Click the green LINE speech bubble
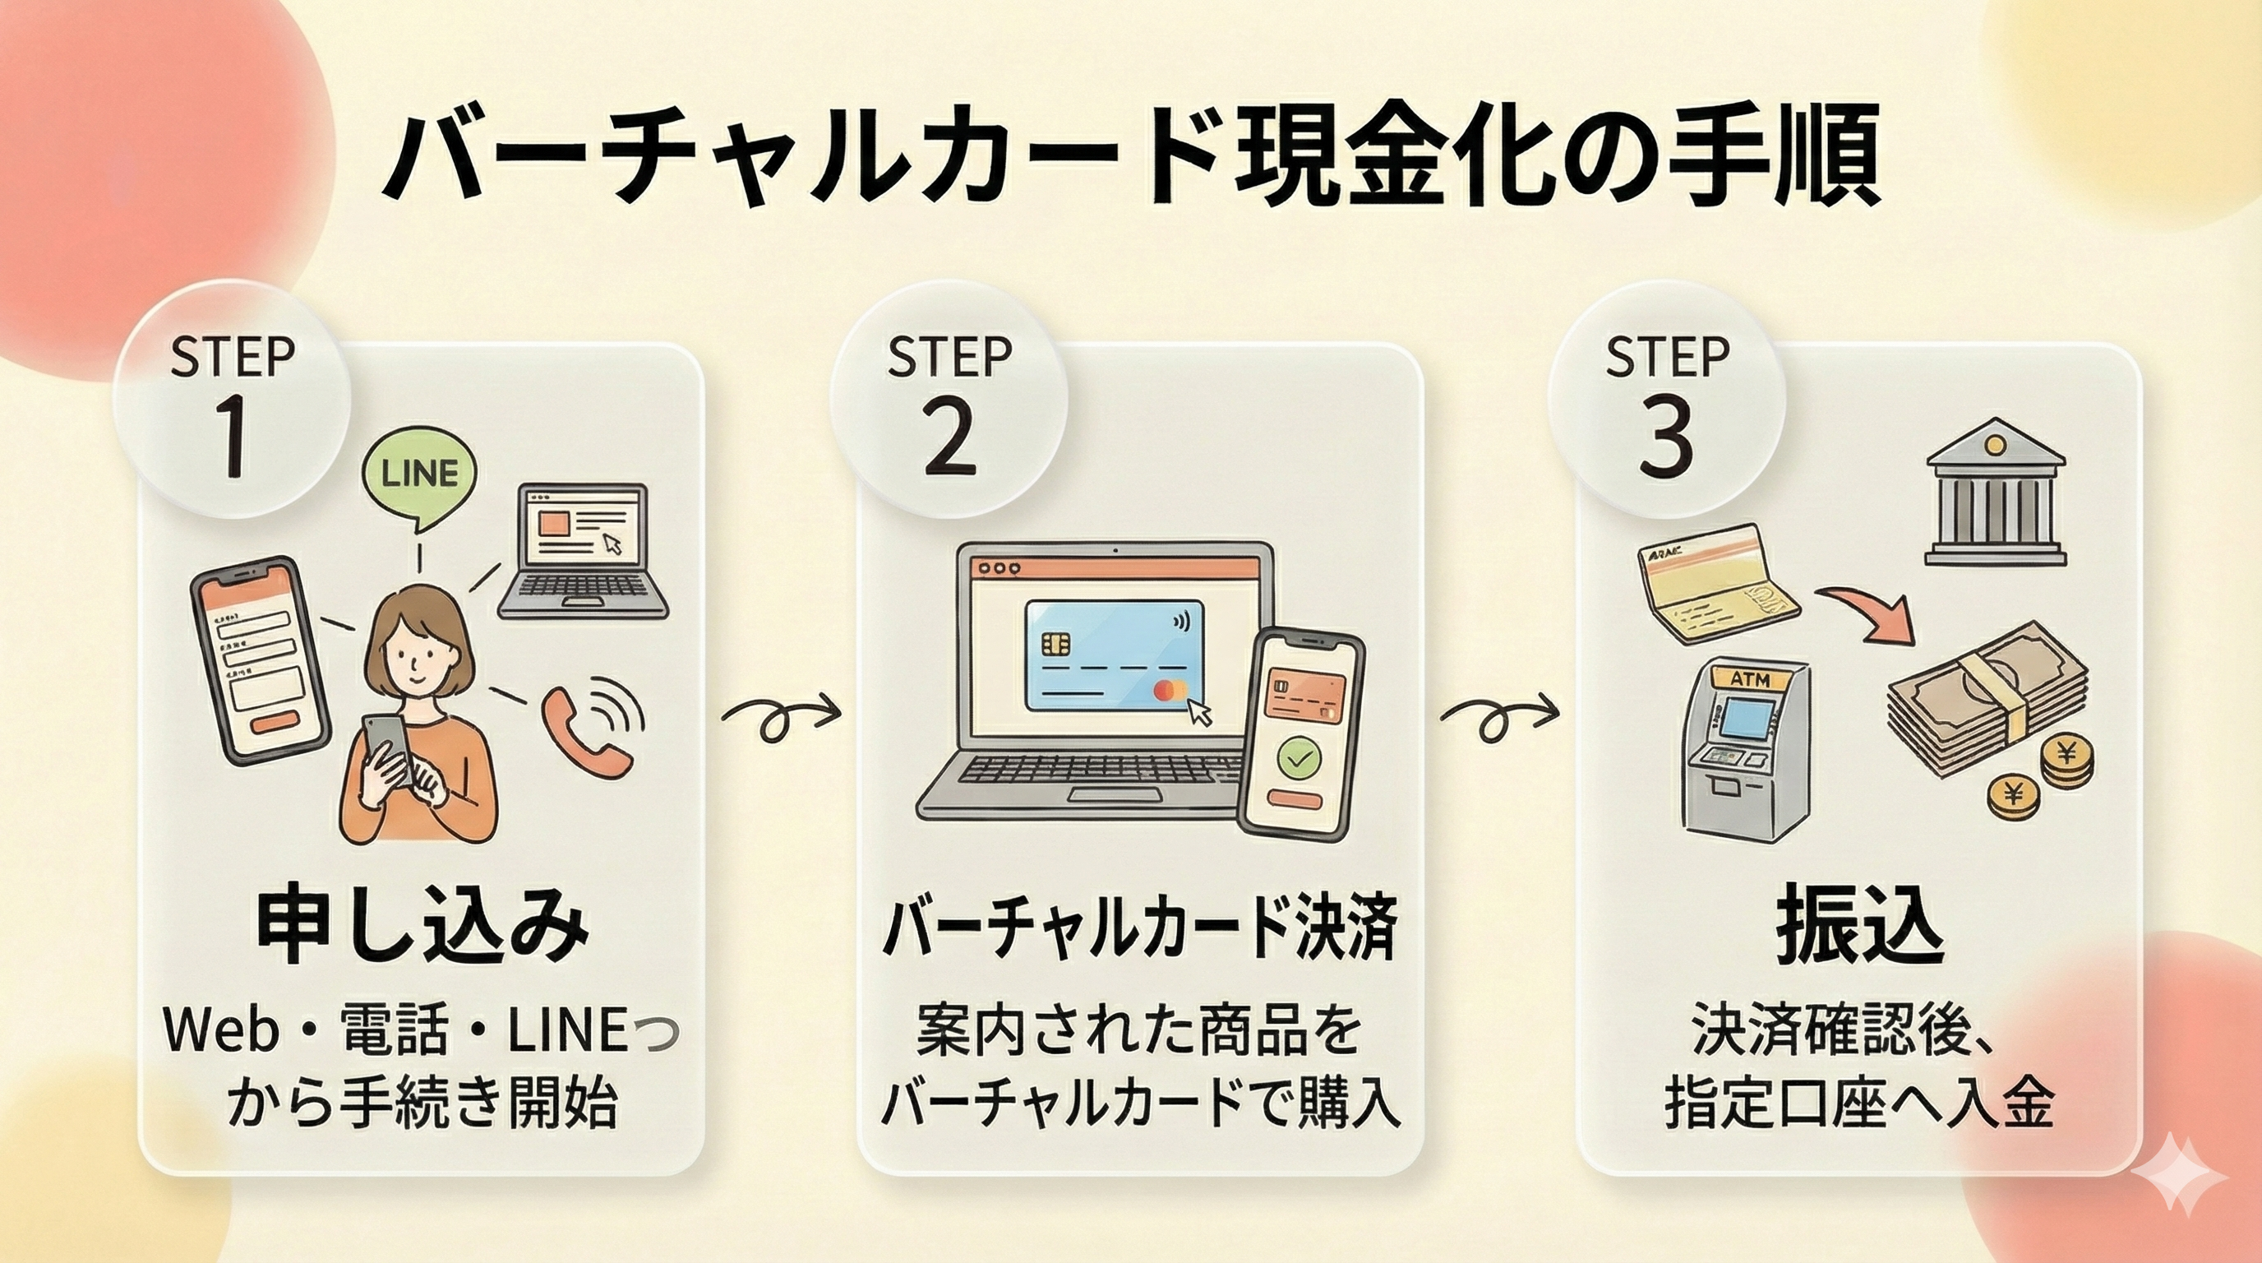pyautogui.click(x=419, y=475)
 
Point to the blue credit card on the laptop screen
pyautogui.click(x=1115, y=655)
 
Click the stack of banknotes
pyautogui.click(x=1987, y=694)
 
